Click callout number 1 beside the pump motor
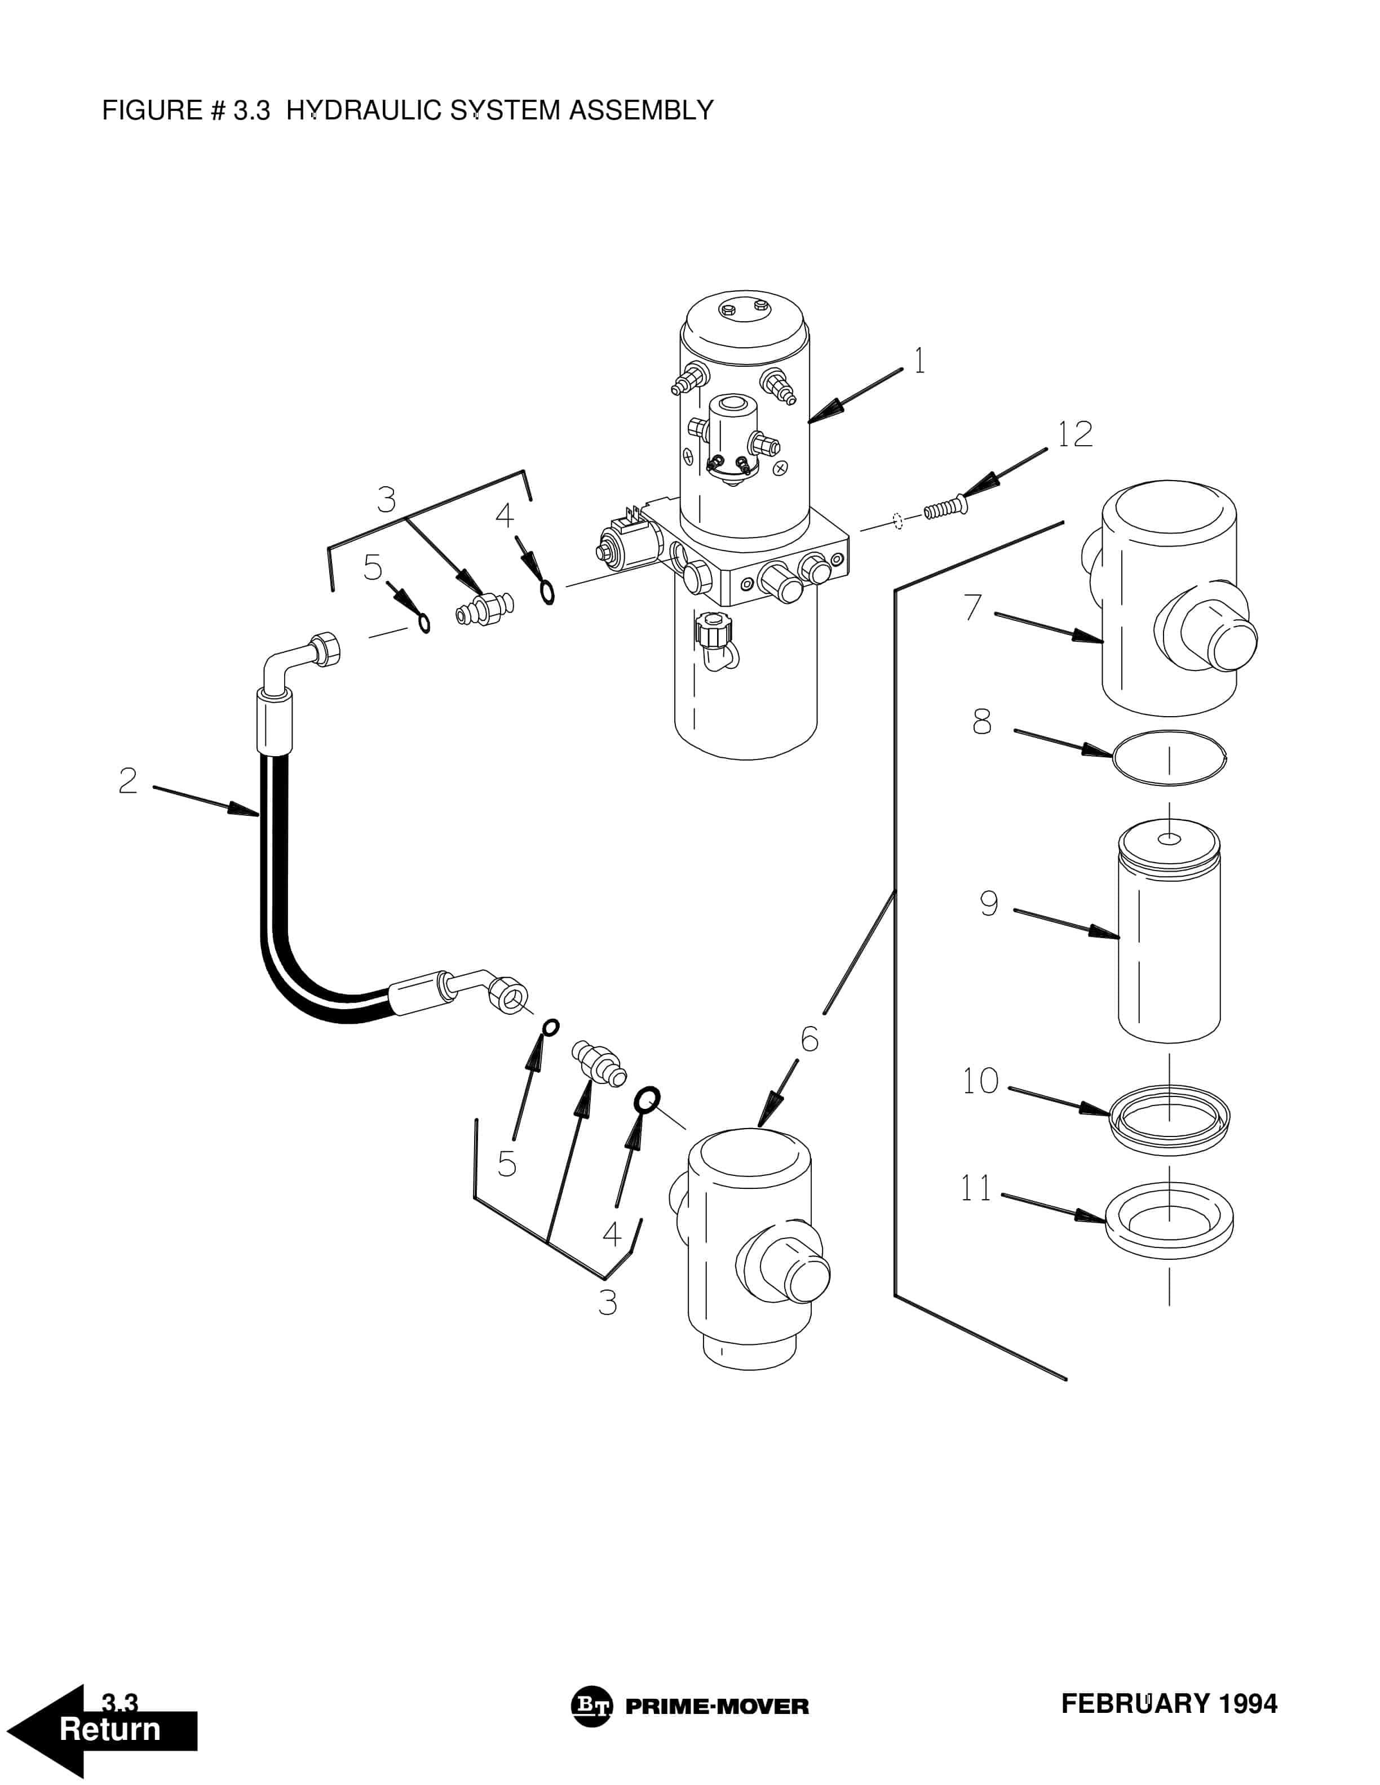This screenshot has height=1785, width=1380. click(x=920, y=361)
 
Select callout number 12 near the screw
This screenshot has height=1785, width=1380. click(x=1074, y=434)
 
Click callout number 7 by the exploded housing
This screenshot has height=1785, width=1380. click(x=972, y=607)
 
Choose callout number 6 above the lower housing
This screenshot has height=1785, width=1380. click(x=810, y=1040)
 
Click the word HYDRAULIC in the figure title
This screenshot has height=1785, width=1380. click(x=363, y=110)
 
